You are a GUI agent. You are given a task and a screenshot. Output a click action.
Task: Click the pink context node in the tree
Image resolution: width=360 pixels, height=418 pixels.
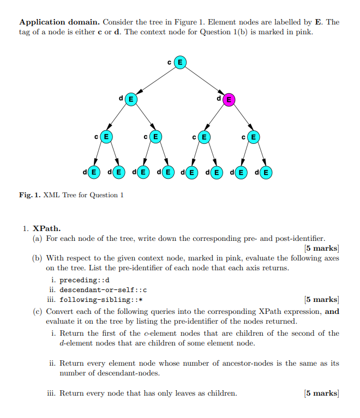229,100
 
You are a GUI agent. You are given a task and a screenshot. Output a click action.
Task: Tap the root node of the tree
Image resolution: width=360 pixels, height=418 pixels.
179,63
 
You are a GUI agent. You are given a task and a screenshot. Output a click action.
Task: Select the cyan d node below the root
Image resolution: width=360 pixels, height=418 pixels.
131,100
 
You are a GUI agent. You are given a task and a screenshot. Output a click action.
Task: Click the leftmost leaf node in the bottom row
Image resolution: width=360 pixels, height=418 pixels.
94,173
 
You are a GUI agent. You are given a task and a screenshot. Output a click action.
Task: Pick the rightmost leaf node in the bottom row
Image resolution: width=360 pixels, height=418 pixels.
266,173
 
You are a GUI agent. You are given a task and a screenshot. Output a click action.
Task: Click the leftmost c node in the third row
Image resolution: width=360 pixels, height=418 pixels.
106,136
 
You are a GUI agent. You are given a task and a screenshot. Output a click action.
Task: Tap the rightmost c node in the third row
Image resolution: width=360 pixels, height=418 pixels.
253,136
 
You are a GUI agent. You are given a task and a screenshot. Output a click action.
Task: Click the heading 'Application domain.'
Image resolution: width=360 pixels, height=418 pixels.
59,22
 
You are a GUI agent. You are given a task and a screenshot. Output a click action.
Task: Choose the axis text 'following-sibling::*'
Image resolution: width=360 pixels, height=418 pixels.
101,300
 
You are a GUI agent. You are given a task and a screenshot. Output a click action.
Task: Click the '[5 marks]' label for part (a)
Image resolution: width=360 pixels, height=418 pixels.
321,249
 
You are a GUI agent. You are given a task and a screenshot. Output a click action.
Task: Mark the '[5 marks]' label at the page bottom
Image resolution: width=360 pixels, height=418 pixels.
321,393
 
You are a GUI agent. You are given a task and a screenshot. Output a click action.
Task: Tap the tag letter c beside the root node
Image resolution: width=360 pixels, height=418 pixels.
170,63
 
